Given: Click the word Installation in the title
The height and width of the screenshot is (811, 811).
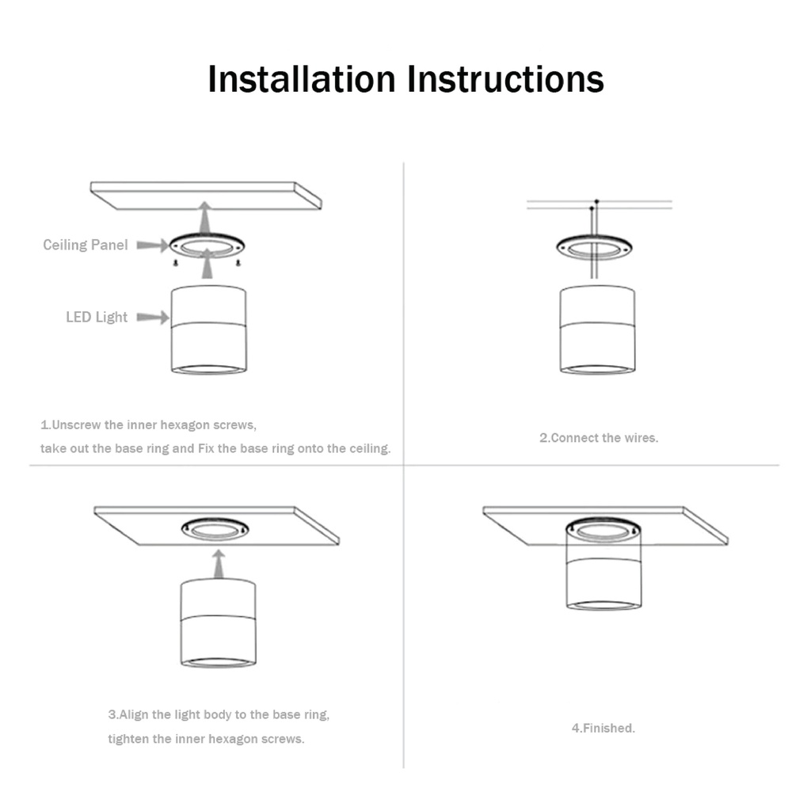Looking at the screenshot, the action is pyautogui.click(x=302, y=79).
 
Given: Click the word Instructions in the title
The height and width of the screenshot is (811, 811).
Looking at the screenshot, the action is pyautogui.click(x=505, y=79).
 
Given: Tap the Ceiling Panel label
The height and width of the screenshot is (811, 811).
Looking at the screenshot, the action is pyautogui.click(x=86, y=245).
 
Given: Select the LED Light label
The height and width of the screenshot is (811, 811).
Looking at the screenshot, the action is pyautogui.click(x=97, y=317).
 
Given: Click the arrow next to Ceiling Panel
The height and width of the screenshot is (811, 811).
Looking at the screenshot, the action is pyautogui.click(x=153, y=246).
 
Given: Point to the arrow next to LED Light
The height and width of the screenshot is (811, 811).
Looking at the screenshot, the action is pyautogui.click(x=153, y=317).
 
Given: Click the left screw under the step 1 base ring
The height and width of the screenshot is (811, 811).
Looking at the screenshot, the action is pyautogui.click(x=176, y=263).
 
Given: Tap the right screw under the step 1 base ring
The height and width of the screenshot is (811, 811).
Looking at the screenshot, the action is pyautogui.click(x=238, y=263).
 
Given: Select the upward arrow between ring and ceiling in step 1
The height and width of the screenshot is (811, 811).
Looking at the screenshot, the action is pyautogui.click(x=205, y=217).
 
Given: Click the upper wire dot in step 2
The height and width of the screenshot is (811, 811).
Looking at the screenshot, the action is pyautogui.click(x=597, y=201).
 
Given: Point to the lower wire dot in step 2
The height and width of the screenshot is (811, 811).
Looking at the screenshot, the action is pyautogui.click(x=592, y=208).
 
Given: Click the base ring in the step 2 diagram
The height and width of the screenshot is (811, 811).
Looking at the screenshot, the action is pyautogui.click(x=594, y=248).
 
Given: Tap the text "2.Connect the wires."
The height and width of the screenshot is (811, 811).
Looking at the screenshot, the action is pyautogui.click(x=599, y=437).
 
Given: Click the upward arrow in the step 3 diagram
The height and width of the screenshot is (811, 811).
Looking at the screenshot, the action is pyautogui.click(x=219, y=564).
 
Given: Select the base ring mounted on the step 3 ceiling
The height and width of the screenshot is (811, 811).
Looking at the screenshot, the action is pyautogui.click(x=215, y=529).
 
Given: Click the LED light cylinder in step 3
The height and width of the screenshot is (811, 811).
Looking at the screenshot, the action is pyautogui.click(x=219, y=623).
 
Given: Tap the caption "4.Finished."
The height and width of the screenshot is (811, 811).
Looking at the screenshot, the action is pyautogui.click(x=603, y=728).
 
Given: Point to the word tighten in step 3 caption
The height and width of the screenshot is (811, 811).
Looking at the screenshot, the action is pyautogui.click(x=128, y=739).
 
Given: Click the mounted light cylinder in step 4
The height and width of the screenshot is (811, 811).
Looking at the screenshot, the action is pyautogui.click(x=603, y=565).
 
